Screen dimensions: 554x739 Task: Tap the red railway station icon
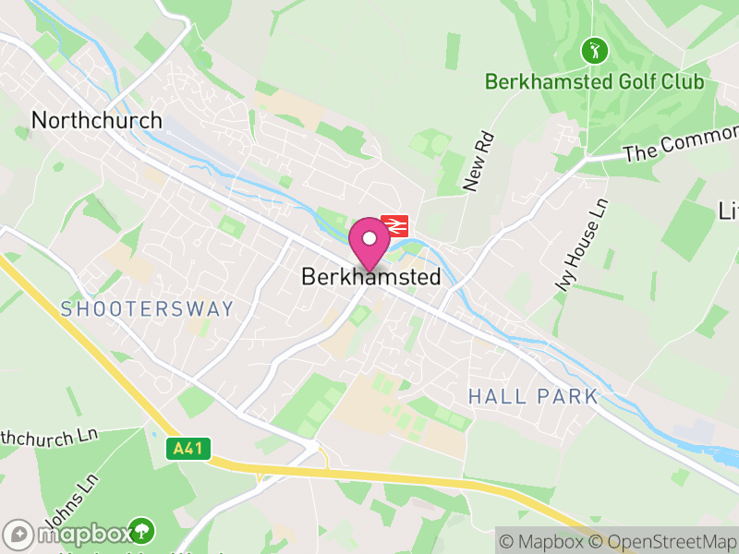(394, 225)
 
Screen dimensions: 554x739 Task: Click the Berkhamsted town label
(371, 277)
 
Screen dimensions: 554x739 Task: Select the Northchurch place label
(97, 120)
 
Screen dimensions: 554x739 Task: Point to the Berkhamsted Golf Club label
(594, 81)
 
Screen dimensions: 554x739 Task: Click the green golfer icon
(593, 49)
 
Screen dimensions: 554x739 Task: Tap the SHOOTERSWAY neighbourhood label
(148, 309)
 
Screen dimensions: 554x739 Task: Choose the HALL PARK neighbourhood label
(533, 397)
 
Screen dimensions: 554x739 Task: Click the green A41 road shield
(191, 450)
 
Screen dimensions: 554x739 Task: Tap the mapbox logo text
(83, 533)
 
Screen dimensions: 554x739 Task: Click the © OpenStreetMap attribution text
(662, 540)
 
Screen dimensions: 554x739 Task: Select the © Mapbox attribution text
(540, 540)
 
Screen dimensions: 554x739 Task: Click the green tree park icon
(143, 531)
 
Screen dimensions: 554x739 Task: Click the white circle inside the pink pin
(369, 238)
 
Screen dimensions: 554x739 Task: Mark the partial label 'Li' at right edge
(729, 211)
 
